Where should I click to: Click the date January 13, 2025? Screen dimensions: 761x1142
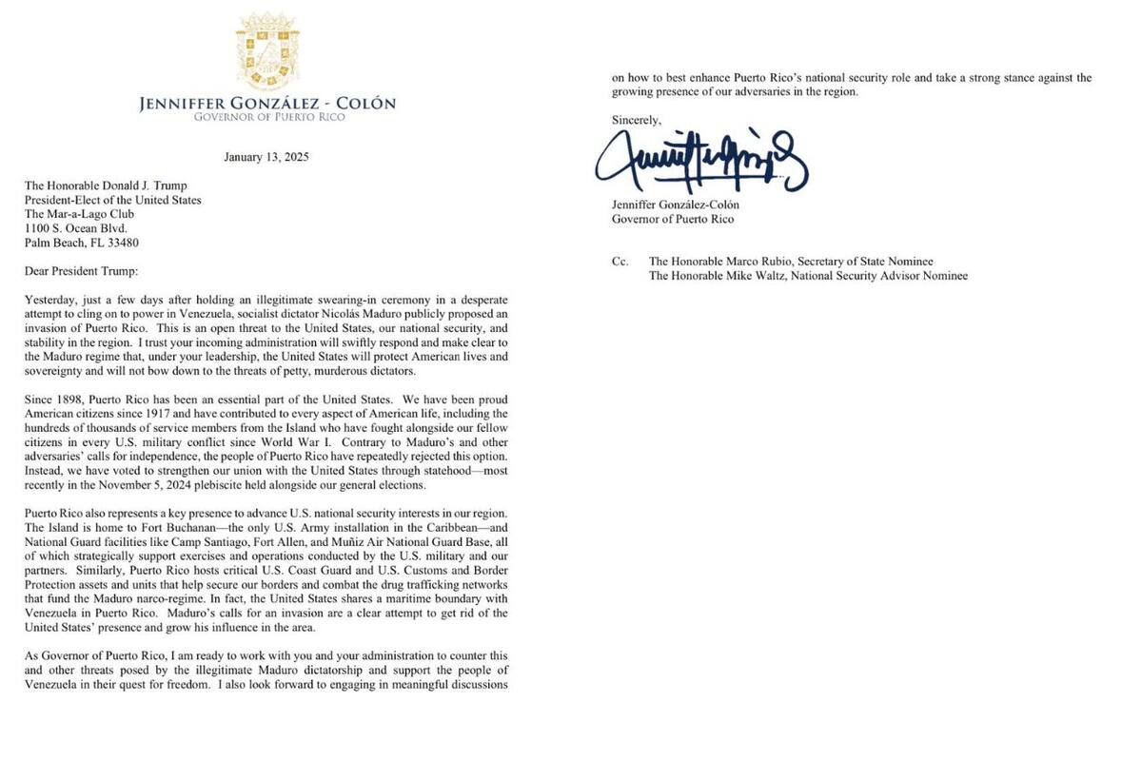click(267, 157)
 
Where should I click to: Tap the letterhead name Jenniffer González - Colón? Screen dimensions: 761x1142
click(267, 104)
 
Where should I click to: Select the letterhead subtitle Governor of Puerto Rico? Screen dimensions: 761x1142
click(267, 118)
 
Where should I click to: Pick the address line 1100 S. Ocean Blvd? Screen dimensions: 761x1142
click(77, 228)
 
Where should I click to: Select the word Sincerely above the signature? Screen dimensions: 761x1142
click(635, 120)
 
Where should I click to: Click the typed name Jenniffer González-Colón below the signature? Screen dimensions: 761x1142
click(675, 205)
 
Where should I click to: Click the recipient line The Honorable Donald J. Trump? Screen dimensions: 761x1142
click(106, 186)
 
